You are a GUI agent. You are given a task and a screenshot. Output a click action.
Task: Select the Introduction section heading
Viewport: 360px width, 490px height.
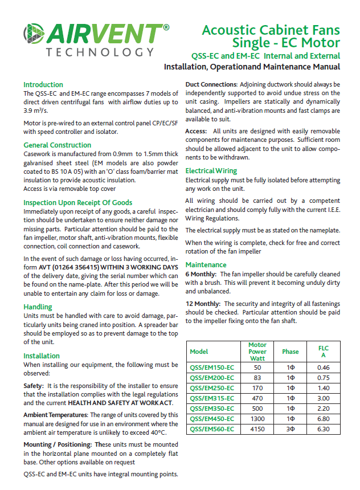43,84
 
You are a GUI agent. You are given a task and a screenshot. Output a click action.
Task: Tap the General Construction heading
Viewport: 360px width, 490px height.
58,145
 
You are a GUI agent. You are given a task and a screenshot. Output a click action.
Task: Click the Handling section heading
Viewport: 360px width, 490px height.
38,307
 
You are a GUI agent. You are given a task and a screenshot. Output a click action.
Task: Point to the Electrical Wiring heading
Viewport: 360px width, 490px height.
211,170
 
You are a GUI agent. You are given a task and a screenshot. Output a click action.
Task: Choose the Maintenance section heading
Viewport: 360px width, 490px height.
206,264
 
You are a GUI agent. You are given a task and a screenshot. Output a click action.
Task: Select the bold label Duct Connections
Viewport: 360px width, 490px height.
211,84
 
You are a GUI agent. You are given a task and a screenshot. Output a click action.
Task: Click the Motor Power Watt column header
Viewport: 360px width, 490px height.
257,352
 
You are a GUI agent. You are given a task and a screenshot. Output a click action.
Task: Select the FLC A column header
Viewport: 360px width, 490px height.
323,352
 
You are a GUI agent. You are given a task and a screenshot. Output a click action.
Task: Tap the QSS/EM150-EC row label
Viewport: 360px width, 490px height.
212,367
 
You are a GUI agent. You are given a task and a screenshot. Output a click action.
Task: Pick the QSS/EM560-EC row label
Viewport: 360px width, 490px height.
212,429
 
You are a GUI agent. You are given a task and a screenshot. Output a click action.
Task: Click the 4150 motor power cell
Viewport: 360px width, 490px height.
257,429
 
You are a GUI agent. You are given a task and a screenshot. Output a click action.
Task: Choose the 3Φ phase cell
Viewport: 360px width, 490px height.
291,429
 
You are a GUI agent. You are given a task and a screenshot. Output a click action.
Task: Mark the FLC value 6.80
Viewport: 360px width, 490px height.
323,419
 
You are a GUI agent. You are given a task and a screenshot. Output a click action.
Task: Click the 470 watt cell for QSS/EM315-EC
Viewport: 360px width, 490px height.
257,398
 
